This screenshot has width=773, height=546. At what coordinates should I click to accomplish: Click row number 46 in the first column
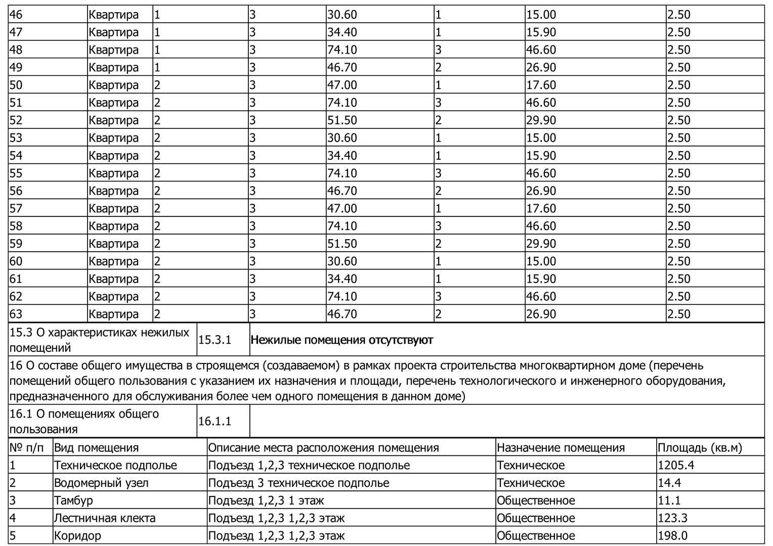[x=16, y=15]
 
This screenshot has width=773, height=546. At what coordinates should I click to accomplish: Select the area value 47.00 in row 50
[x=342, y=85]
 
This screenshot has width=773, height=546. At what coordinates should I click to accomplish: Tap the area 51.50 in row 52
[x=342, y=120]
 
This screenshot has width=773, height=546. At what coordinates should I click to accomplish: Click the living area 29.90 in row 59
[x=541, y=244]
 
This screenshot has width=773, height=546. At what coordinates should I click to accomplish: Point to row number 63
[x=16, y=314]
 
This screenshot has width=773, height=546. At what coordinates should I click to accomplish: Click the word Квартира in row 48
[x=113, y=50]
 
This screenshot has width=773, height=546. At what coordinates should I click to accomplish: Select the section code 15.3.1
[x=214, y=340]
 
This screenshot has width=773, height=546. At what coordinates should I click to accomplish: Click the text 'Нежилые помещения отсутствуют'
[x=341, y=340]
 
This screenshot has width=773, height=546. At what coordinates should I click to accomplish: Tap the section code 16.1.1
[x=214, y=421]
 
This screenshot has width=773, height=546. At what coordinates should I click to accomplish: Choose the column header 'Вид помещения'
[x=96, y=448]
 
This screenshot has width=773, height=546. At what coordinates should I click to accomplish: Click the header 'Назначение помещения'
[x=561, y=448]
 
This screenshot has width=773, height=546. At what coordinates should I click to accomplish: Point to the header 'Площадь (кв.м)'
[x=700, y=448]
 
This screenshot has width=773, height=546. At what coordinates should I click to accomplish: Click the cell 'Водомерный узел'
[x=101, y=483]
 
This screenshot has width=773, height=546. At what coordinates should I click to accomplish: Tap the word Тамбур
[x=73, y=500]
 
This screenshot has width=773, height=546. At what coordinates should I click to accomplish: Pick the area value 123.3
[x=672, y=518]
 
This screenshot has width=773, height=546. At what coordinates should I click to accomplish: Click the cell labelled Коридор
[x=77, y=536]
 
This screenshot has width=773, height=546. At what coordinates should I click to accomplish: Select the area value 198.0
[x=672, y=536]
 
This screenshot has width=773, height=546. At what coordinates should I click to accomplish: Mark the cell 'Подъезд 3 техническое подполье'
[x=298, y=483]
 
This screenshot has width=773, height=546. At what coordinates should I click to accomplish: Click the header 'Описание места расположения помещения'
[x=323, y=448]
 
